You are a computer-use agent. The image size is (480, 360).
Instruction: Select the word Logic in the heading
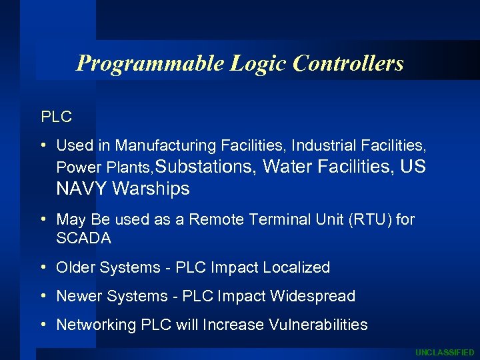click(x=259, y=63)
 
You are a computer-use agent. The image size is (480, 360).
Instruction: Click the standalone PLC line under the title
click(x=57, y=117)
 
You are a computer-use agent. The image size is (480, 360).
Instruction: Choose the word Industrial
click(x=325, y=145)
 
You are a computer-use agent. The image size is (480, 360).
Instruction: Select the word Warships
click(x=151, y=189)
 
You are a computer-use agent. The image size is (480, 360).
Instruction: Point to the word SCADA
click(x=83, y=238)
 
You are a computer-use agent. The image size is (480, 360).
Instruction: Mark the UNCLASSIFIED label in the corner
click(x=445, y=352)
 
